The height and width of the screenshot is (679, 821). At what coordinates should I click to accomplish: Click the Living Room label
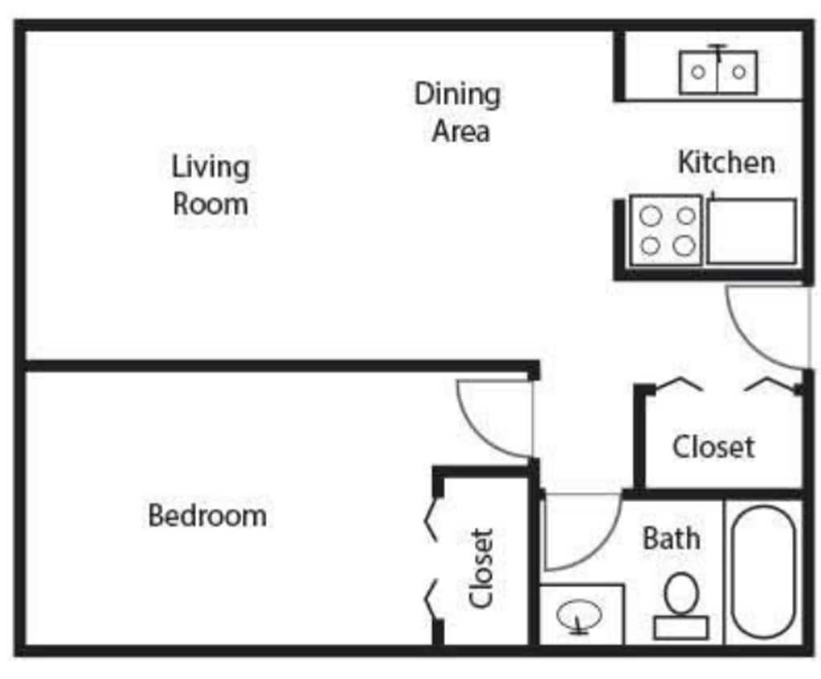pyautogui.click(x=211, y=185)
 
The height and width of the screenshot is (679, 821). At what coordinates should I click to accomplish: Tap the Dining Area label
pyautogui.click(x=458, y=112)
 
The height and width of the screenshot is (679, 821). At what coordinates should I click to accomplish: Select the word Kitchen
pyautogui.click(x=726, y=163)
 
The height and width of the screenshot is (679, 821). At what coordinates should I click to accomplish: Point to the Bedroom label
pyautogui.click(x=207, y=515)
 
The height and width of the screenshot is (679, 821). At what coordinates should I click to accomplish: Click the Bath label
pyautogui.click(x=671, y=538)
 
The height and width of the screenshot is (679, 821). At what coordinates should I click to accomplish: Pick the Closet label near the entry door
pyautogui.click(x=713, y=446)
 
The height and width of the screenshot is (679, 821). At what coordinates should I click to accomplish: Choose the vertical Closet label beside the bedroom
pyautogui.click(x=481, y=567)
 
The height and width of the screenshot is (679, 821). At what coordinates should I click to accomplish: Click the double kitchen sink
pyautogui.click(x=717, y=72)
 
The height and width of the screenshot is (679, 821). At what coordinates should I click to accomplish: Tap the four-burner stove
pyautogui.click(x=666, y=230)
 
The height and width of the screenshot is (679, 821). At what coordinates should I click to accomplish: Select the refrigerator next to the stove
pyautogui.click(x=752, y=232)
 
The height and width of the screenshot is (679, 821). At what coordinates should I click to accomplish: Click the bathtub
pyautogui.click(x=763, y=572)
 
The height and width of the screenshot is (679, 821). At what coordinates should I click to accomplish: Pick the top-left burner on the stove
pyautogui.click(x=651, y=215)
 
